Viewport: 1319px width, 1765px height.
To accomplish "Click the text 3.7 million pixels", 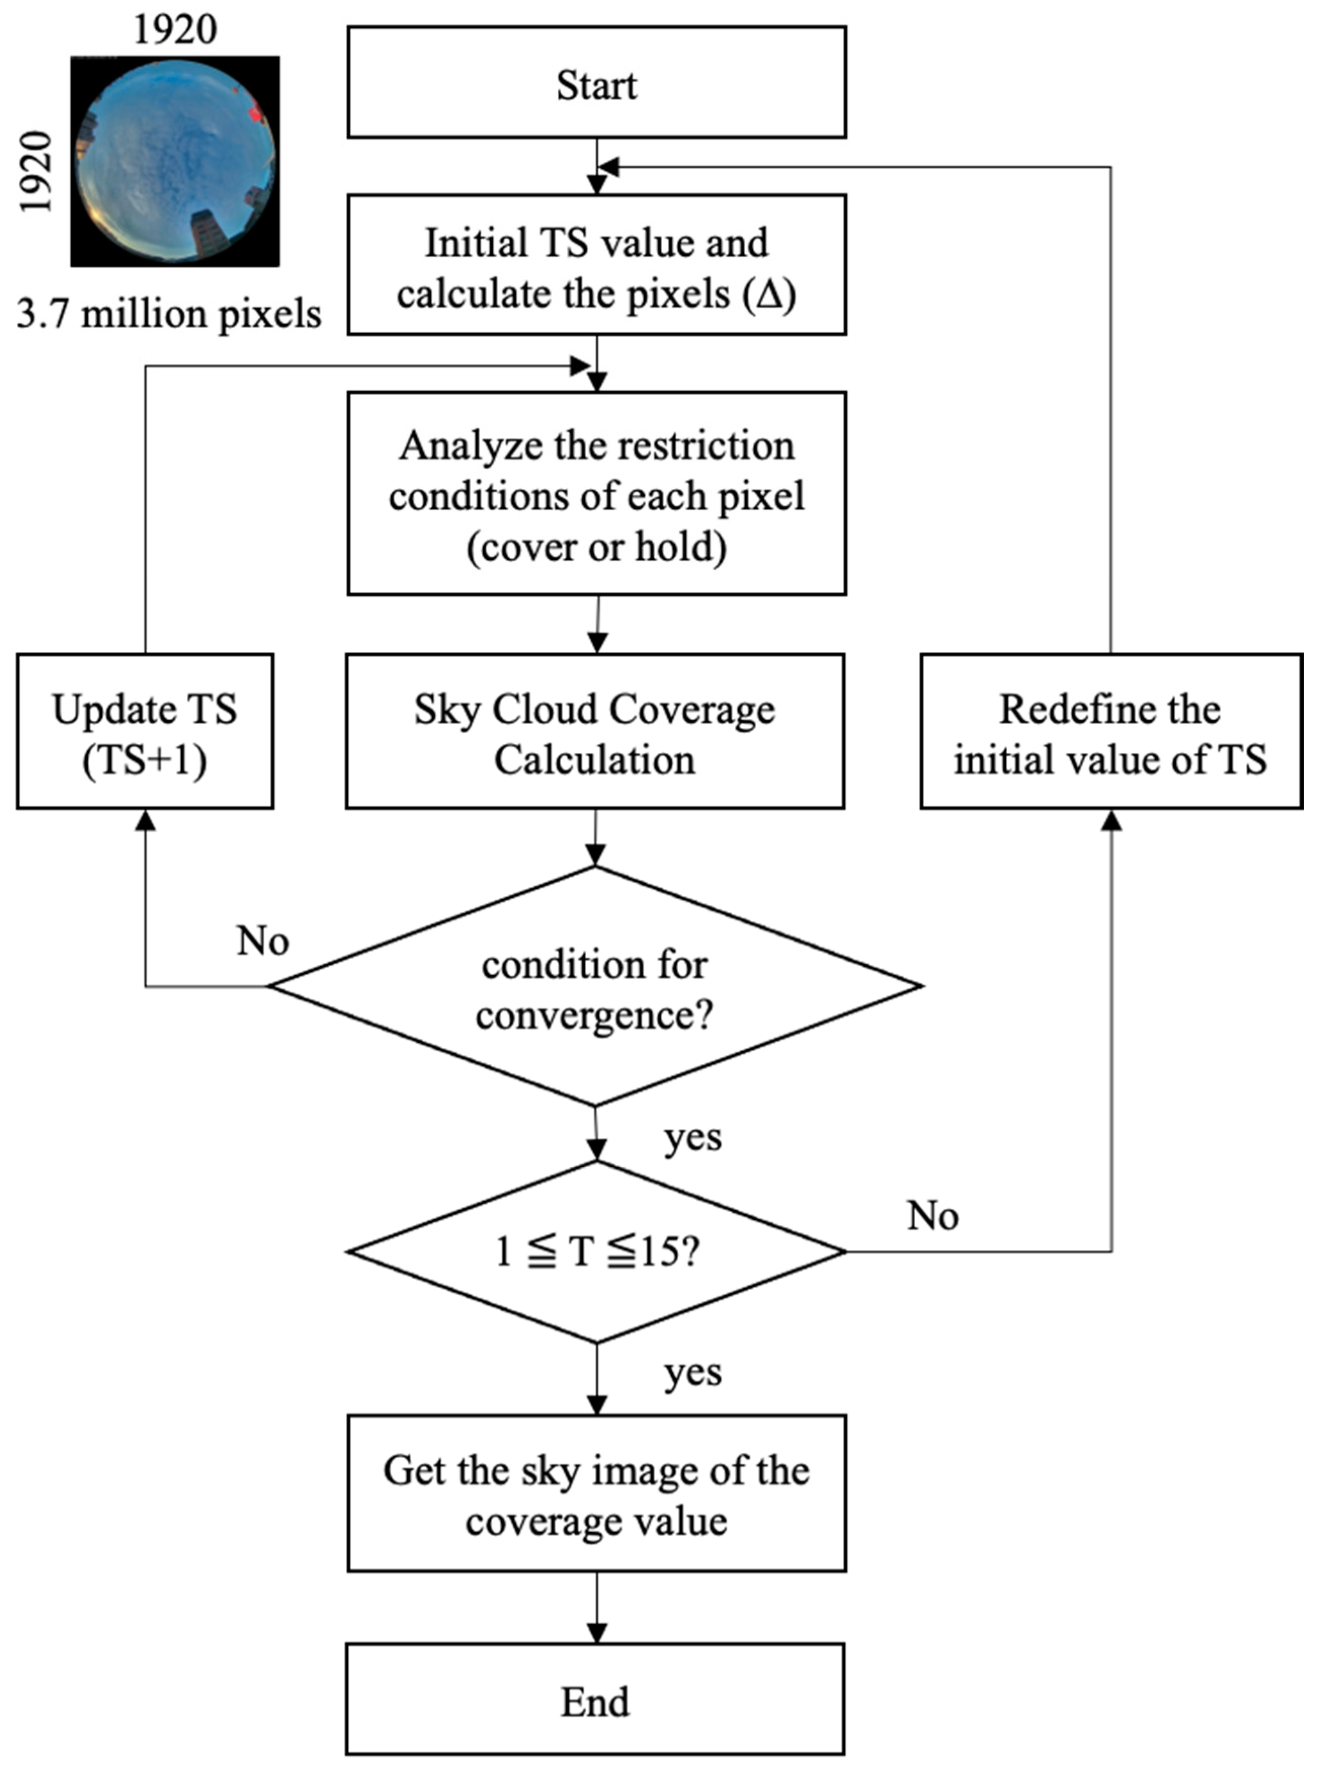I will click(169, 314).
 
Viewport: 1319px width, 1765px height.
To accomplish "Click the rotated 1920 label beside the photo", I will click(36, 173).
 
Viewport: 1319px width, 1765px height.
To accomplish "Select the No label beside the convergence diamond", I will click(263, 941).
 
